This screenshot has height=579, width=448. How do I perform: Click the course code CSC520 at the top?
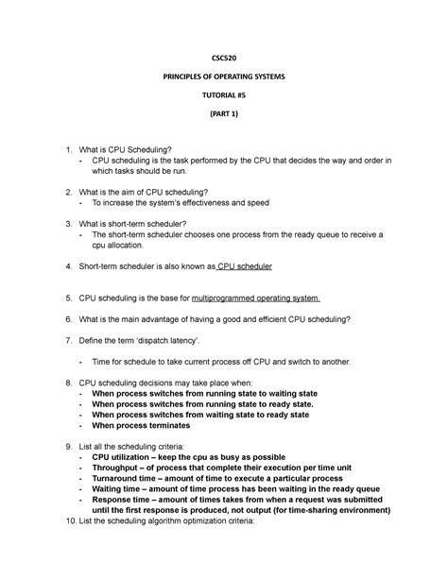(224, 56)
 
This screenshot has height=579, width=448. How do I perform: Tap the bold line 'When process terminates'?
(154, 424)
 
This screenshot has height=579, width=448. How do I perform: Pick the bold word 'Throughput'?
(123, 468)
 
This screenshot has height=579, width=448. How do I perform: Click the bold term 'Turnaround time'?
(133, 479)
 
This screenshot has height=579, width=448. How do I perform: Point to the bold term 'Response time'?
(128, 502)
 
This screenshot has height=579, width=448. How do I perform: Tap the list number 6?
(67, 319)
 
